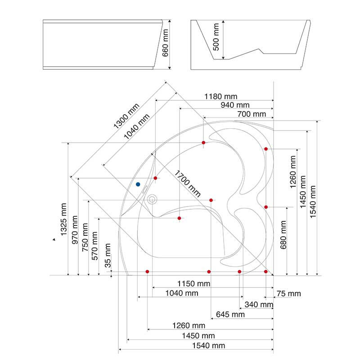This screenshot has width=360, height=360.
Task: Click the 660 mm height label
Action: pos(165,43)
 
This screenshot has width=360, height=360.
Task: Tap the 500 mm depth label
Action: pos(216,37)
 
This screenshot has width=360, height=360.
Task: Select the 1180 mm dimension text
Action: pos(221,96)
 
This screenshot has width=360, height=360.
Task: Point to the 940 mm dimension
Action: pos(235,105)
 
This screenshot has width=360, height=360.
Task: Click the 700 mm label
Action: pos(252,114)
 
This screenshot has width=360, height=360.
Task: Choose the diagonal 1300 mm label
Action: pos(126,116)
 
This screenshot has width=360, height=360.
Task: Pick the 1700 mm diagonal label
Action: pos(188,184)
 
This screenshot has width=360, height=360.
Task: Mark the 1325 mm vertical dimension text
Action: pos(63,220)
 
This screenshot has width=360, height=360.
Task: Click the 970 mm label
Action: pos(75,230)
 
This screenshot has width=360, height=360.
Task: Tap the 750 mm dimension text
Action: pos(85,237)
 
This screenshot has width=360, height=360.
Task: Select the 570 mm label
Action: pos(94,246)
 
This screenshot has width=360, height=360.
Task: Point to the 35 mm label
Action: pos(108,255)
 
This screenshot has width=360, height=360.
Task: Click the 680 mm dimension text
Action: pos(283,235)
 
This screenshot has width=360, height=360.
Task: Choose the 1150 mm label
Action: pos(194,284)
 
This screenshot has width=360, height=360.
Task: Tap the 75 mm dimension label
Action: pos(288,294)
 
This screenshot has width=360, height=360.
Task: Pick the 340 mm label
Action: pos(259,305)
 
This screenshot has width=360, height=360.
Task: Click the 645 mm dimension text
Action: pos(230,315)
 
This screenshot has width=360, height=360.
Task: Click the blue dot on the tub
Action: pos(138,184)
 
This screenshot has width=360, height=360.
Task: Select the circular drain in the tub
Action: pos(152,199)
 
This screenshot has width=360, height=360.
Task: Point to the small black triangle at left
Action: pos(54,239)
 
